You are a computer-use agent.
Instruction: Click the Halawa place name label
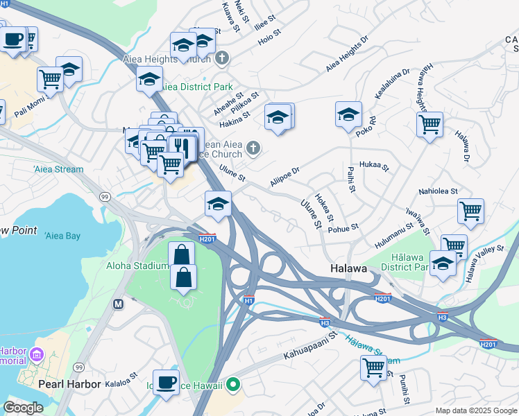pos(347,269)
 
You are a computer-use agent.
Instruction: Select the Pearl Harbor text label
pos(69,383)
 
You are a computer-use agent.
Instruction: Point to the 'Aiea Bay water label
pos(62,236)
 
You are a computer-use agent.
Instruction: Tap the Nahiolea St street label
pos(437,191)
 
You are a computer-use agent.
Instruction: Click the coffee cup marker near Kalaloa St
pos(166,382)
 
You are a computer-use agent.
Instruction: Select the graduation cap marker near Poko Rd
pos(348,113)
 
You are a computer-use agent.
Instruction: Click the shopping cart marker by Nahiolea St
pos(470,210)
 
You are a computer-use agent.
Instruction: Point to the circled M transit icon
pos(118,304)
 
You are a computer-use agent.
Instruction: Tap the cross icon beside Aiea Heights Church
pos(222,58)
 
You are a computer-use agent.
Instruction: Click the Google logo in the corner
pos(23,408)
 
